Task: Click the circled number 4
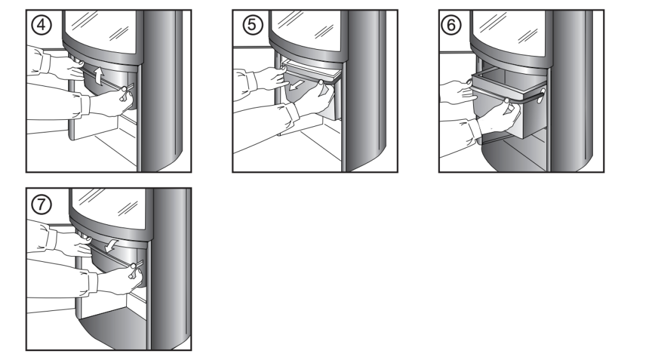click(x=41, y=25)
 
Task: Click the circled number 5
click(x=252, y=25)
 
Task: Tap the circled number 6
click(x=451, y=25)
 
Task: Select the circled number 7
click(x=41, y=205)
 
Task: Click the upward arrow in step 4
click(x=99, y=76)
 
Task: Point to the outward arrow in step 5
click(x=297, y=85)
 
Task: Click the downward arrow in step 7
click(x=111, y=245)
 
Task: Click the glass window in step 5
click(x=306, y=29)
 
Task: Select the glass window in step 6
click(x=509, y=31)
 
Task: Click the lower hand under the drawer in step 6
click(x=499, y=117)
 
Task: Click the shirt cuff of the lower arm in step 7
click(x=93, y=283)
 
